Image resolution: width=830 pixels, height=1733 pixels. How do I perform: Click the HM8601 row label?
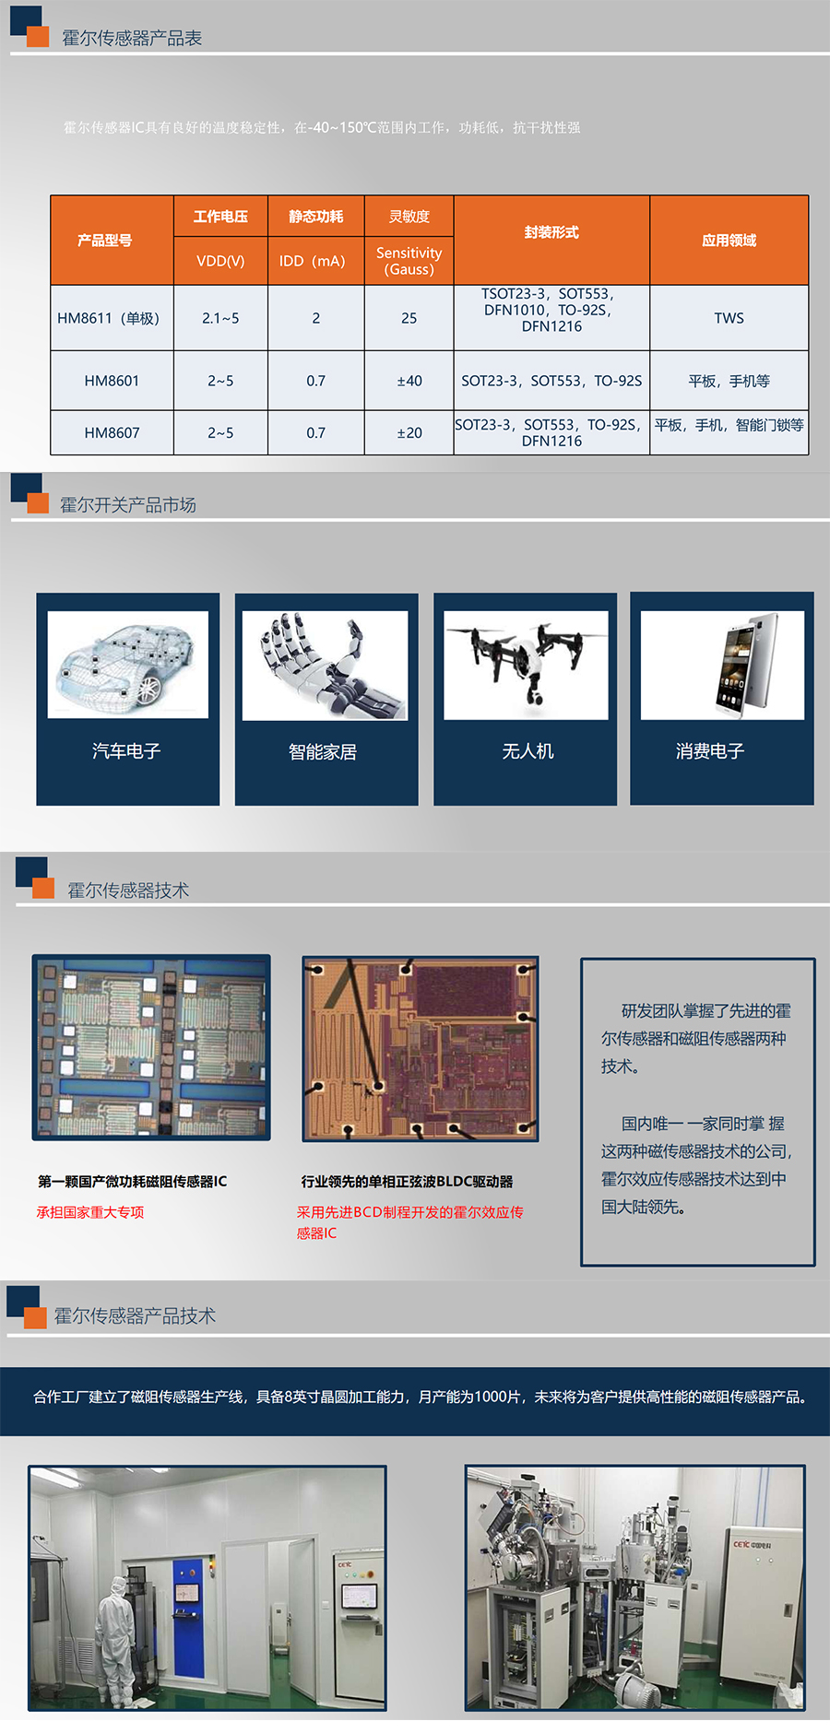pyautogui.click(x=112, y=381)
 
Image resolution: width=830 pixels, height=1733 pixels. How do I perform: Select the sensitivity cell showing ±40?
pyautogui.click(x=409, y=381)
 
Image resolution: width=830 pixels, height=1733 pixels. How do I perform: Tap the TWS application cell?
pyautogui.click(x=729, y=318)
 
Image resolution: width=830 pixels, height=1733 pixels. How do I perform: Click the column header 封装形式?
pyautogui.click(x=551, y=232)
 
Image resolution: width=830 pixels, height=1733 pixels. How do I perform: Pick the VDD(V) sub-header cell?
pyautogui.click(x=220, y=261)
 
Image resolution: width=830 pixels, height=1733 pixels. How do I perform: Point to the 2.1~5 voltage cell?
pyautogui.click(x=220, y=318)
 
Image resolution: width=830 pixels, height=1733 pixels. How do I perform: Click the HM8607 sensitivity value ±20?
pyautogui.click(x=409, y=432)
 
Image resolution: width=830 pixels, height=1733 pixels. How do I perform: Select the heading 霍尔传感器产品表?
pyautogui.click(x=132, y=38)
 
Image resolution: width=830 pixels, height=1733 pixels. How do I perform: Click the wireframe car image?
pyautogui.click(x=128, y=664)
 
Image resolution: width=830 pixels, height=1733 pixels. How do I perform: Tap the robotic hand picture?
pyautogui.click(x=325, y=666)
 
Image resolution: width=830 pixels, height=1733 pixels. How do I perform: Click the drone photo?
pyautogui.click(x=526, y=665)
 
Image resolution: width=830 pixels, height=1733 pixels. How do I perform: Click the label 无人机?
pyautogui.click(x=528, y=751)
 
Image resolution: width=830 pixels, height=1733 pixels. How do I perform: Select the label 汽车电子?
pyautogui.click(x=126, y=751)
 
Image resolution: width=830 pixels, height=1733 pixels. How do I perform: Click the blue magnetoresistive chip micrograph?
pyautogui.click(x=151, y=1047)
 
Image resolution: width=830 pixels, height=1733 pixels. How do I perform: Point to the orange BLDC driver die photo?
pyautogui.click(x=421, y=1048)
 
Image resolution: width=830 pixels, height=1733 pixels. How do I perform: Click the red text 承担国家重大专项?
pyautogui.click(x=90, y=1212)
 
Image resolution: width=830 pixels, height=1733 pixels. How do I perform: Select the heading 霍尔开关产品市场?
pyautogui.click(x=128, y=505)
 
